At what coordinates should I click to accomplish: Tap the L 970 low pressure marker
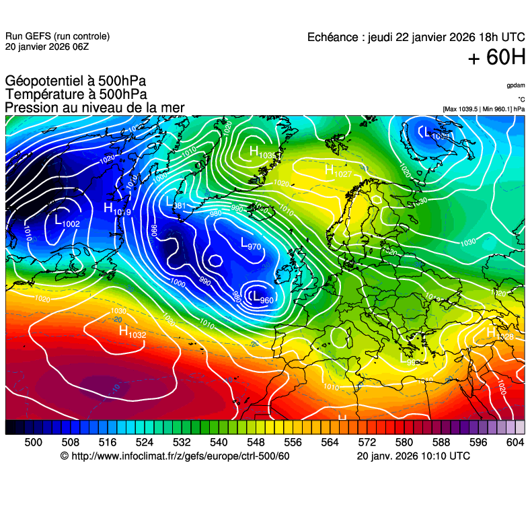[250, 244]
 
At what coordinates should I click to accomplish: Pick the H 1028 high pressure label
[500, 334]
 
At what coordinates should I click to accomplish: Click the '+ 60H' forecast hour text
[496, 58]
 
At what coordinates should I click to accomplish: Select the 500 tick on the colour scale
[33, 442]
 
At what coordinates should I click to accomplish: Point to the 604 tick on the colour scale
[515, 442]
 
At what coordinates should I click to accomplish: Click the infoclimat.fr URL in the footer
[175, 456]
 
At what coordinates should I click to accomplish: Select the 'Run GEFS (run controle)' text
[57, 36]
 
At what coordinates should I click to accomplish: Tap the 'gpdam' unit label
[516, 86]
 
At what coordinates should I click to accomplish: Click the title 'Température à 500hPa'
[76, 95]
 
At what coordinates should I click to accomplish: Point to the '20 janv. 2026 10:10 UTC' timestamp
[413, 456]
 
